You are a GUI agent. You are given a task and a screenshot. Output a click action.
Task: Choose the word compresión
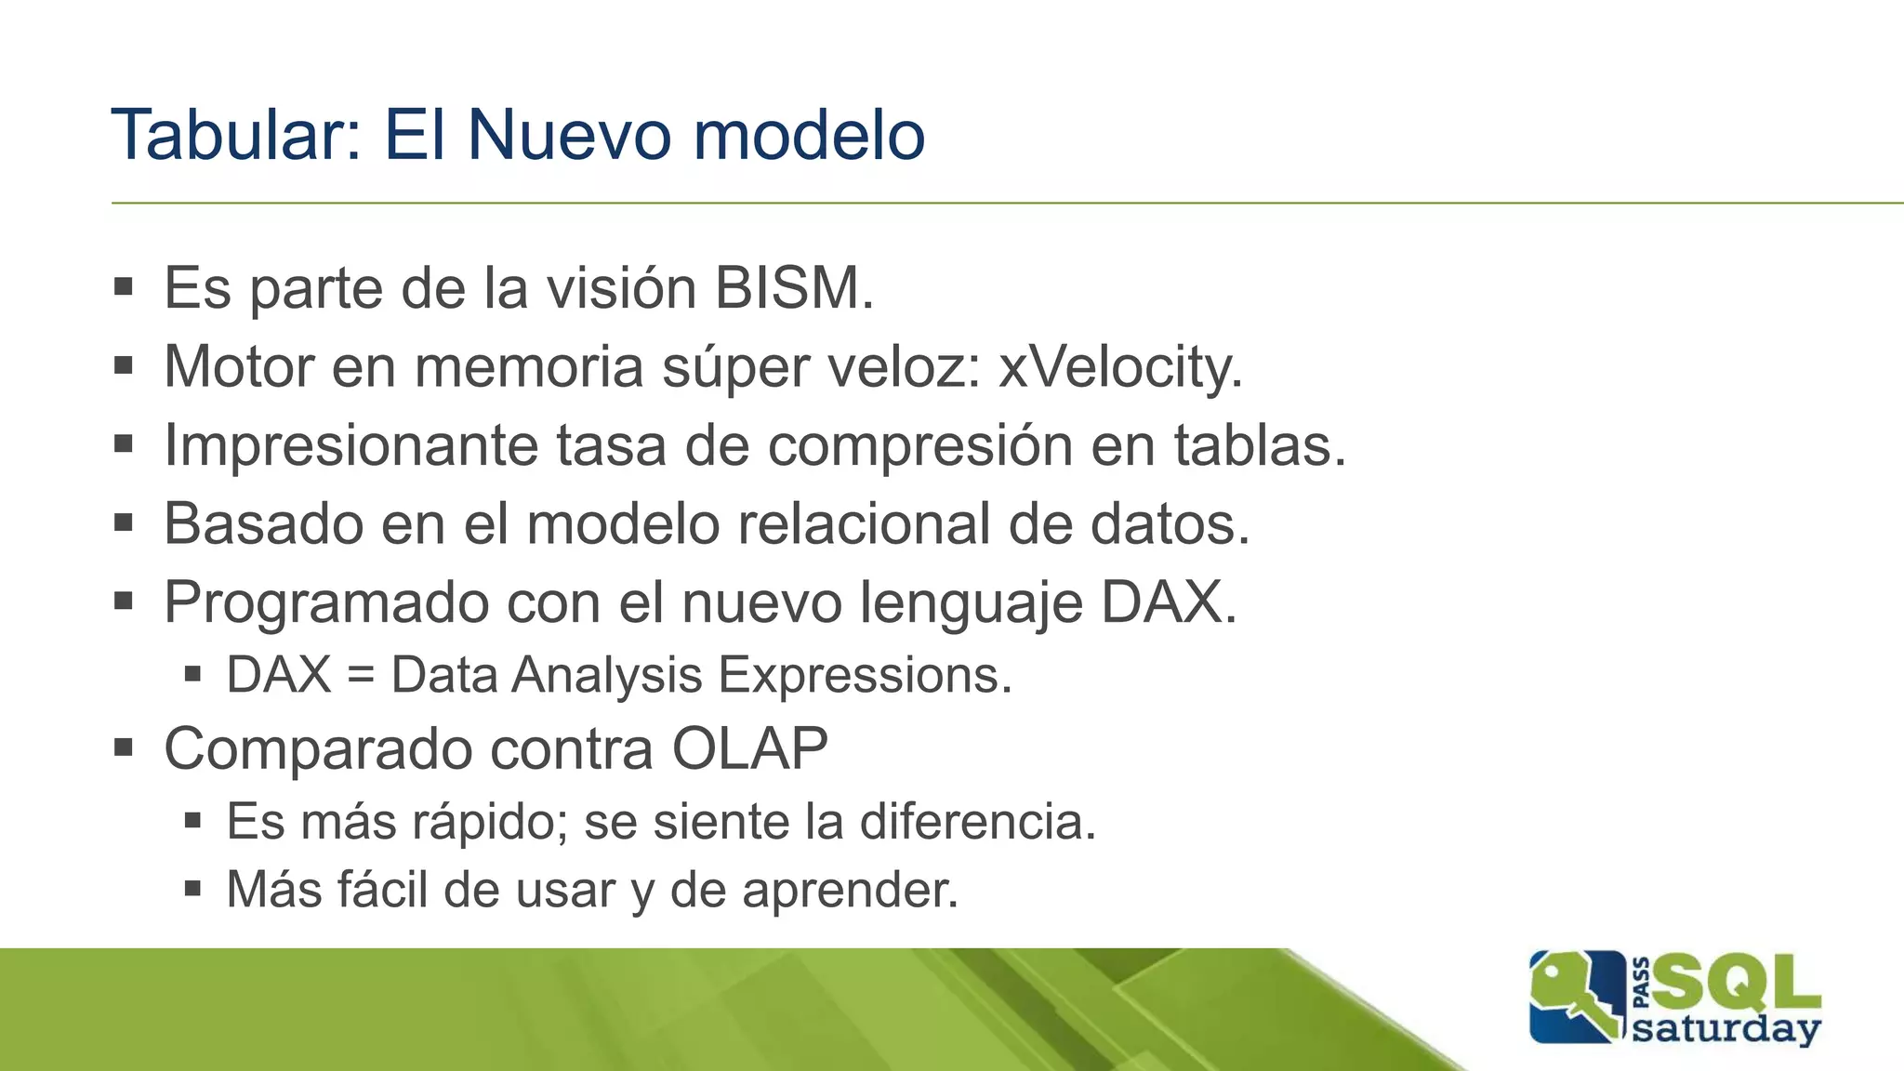919,446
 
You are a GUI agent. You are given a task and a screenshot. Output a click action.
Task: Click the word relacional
864,524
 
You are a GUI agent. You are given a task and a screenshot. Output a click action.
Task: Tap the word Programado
326,603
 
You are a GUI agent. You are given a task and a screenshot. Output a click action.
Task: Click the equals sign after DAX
361,676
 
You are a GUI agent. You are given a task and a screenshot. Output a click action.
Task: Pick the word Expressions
864,676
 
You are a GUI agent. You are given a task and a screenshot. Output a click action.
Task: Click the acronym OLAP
749,749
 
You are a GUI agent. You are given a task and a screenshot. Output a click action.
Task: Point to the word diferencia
977,822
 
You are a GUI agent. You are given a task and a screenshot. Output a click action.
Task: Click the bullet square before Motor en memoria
124,365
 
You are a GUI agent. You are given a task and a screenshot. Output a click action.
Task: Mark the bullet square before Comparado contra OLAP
124,747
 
